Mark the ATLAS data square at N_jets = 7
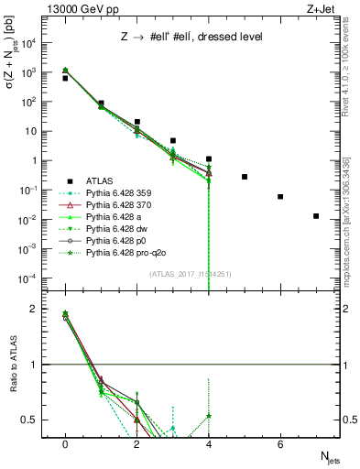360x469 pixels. click(316, 216)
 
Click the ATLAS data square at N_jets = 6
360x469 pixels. click(280, 196)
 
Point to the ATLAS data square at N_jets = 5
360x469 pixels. click(245, 177)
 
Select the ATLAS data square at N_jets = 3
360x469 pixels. click(172, 141)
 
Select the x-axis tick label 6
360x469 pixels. click(280, 444)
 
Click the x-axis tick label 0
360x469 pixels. click(65, 444)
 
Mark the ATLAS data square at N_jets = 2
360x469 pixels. click(136, 122)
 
